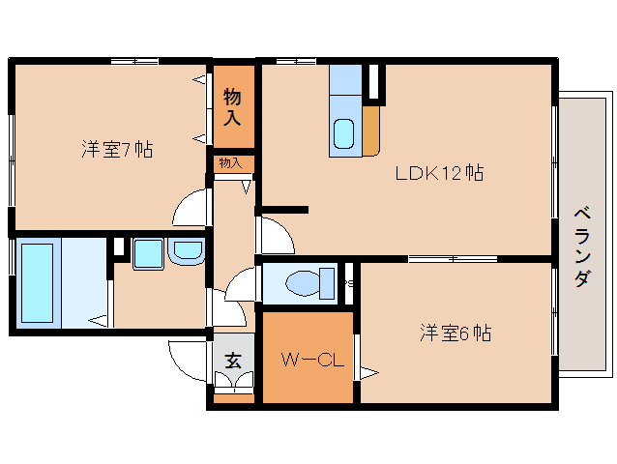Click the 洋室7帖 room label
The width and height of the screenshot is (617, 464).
pos(116,150)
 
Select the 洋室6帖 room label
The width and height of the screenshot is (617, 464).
pos(455,333)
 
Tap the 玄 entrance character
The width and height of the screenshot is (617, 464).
pos(233,361)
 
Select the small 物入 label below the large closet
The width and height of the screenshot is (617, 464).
pos(230,163)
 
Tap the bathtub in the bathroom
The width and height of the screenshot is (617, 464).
pos(37,282)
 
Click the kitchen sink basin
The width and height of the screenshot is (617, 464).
pos(342,134)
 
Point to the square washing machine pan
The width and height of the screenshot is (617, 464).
pos(148,254)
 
